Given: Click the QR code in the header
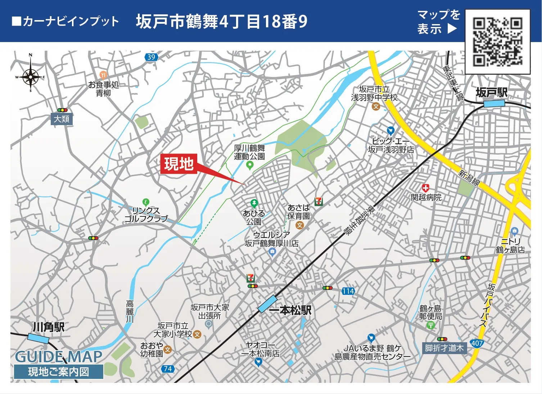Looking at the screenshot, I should [497, 42].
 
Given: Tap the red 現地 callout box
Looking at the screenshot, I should [179, 164].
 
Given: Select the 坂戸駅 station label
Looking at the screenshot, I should [492, 93].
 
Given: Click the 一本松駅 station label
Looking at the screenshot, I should [295, 310].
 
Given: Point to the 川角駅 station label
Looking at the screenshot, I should [49, 327].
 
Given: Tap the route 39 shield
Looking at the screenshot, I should [151, 57].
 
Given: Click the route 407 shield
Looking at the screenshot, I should [477, 343].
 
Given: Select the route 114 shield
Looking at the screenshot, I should [348, 291].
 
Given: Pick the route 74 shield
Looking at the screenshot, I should [168, 369].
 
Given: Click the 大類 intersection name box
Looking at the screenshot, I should [62, 119].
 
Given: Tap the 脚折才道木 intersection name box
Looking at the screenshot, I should [444, 348].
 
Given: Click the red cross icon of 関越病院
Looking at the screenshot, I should [426, 188].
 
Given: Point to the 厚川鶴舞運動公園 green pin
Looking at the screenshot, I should [249, 165].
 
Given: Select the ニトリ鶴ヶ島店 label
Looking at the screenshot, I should [511, 246].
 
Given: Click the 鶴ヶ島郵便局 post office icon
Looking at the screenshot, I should [430, 325].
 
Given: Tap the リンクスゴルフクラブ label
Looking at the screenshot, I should [146, 214].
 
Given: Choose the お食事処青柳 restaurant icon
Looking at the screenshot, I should [103, 75].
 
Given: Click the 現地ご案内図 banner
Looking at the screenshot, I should [59, 372].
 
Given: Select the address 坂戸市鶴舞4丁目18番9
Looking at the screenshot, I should [222, 22].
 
